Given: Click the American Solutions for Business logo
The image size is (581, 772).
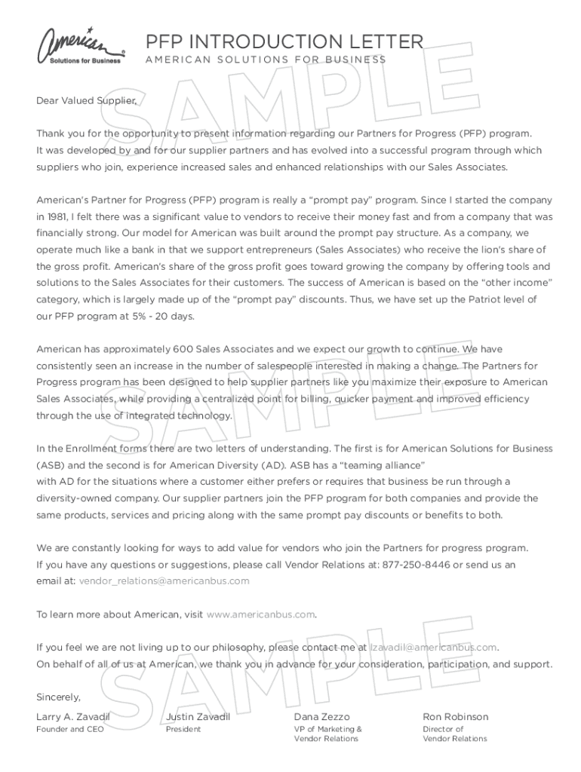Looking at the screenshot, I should click(x=81, y=46).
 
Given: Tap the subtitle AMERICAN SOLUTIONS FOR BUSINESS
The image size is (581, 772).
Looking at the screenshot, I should click(x=265, y=60).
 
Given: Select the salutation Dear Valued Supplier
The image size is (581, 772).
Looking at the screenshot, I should click(x=87, y=100).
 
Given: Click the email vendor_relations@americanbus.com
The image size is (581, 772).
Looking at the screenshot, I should click(x=164, y=581).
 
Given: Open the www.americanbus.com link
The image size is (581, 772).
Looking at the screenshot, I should click(x=260, y=614).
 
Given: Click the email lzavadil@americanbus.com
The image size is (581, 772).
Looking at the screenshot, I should click(x=433, y=647).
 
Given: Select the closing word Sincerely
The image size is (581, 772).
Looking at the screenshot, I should click(x=58, y=697).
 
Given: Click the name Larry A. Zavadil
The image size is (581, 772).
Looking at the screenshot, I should click(x=73, y=716).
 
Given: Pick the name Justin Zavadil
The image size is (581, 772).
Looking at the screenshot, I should click(x=198, y=716).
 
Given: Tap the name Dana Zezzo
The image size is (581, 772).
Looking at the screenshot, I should click(x=321, y=716).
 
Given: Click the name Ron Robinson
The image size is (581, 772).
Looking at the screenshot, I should click(x=455, y=716).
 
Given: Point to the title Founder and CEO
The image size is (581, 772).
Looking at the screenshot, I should click(x=70, y=729).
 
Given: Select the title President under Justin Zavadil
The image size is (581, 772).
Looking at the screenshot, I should click(x=183, y=729).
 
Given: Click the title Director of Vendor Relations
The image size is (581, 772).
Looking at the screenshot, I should click(x=454, y=734).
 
